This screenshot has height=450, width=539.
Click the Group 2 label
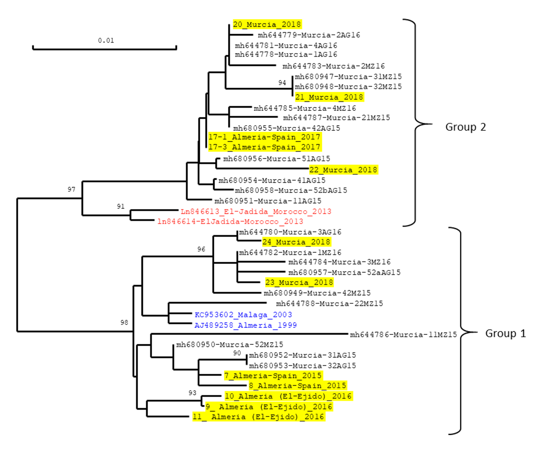465,127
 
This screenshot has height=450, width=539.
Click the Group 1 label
505,334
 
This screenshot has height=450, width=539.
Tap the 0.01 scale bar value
106,41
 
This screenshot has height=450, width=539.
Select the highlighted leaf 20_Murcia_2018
267,25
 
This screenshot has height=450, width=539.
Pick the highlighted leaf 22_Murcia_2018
343,170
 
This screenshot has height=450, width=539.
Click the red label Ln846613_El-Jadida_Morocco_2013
256,211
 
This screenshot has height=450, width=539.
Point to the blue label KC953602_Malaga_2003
243,315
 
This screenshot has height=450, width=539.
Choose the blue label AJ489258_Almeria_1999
246,325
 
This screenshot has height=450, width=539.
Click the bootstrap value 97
71,190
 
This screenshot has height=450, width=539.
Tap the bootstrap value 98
124,323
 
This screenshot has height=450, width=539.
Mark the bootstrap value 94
282,83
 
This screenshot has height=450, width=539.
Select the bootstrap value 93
192,393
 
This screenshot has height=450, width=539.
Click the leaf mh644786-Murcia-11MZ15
403,335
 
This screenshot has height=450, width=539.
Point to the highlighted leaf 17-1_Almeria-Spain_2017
264,137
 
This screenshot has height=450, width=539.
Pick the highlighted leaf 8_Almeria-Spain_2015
297,386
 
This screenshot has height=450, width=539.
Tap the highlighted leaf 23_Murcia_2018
299,282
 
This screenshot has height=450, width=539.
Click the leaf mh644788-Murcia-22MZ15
329,304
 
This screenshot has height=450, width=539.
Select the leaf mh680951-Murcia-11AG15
268,201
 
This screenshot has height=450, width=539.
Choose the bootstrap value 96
201,249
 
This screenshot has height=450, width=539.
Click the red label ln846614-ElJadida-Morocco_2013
230,222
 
